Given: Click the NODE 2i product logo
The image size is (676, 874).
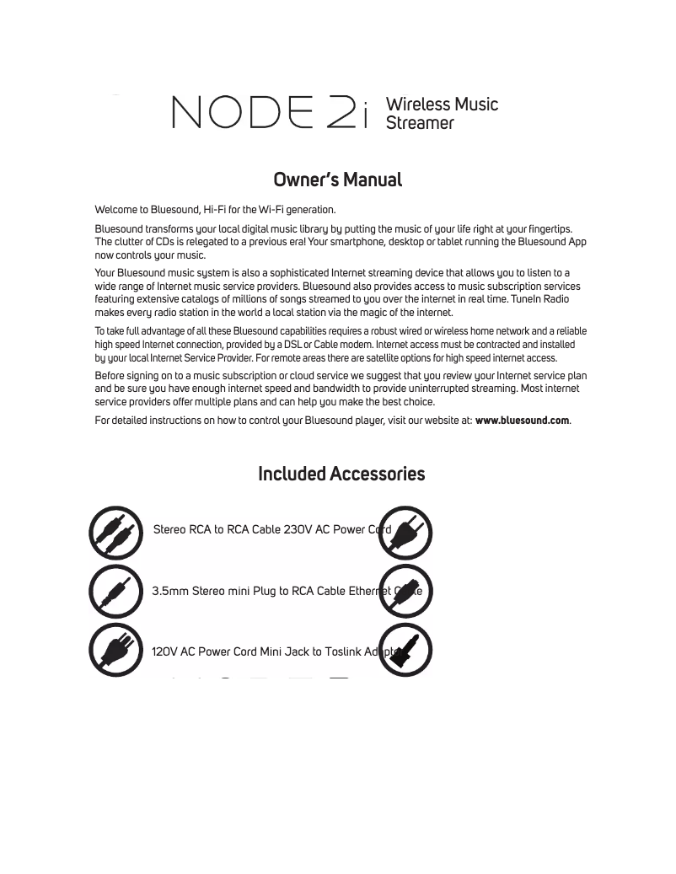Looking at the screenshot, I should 270,112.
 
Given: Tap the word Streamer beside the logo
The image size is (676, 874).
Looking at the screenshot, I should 419,123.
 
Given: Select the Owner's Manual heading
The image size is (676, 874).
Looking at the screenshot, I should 337,180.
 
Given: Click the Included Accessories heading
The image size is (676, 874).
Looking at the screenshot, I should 341,474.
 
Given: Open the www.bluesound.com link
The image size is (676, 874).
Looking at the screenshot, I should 522,421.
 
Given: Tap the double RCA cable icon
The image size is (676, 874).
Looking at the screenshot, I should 116,533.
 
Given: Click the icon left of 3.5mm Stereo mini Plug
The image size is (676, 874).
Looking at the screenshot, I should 116,592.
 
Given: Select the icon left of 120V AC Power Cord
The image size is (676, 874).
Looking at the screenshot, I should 116,650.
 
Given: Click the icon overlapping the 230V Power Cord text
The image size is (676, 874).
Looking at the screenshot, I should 405,533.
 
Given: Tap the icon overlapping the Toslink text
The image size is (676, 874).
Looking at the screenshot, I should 405,650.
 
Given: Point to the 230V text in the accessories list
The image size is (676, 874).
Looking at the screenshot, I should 298,530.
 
